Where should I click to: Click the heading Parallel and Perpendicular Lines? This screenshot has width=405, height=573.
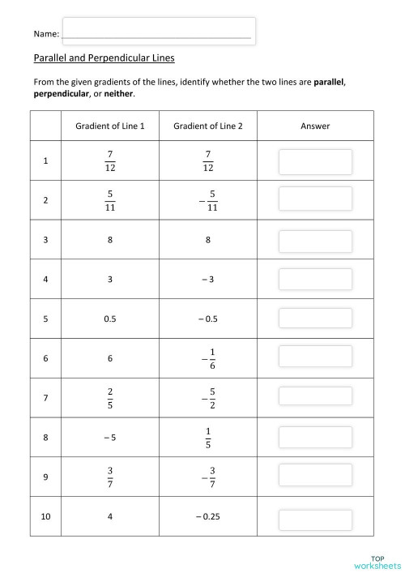[x=104, y=58]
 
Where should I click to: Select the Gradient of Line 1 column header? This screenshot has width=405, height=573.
[x=110, y=126]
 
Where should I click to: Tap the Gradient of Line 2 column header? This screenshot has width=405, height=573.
[x=207, y=126]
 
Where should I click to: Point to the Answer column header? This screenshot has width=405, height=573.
[x=315, y=126]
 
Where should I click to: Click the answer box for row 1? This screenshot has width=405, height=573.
[x=315, y=161]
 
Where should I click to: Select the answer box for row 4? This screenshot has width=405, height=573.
[x=315, y=280]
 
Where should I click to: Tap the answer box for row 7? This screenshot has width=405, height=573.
[x=315, y=396]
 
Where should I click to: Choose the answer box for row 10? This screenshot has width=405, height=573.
[x=315, y=518]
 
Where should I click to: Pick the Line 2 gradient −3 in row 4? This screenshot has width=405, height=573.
[x=207, y=280]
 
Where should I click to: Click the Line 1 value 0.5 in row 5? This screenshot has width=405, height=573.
[x=110, y=319]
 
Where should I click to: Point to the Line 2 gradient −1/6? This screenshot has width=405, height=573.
[x=207, y=357]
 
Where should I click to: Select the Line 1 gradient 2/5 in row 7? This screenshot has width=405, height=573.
[x=110, y=397]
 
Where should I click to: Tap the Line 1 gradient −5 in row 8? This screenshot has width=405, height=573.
[x=110, y=438]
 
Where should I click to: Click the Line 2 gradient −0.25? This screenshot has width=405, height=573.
[x=207, y=517]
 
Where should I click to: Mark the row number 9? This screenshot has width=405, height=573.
[x=46, y=477]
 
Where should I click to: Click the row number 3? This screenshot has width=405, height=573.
[x=46, y=240]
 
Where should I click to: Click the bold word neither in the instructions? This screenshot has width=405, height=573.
[x=117, y=94]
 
